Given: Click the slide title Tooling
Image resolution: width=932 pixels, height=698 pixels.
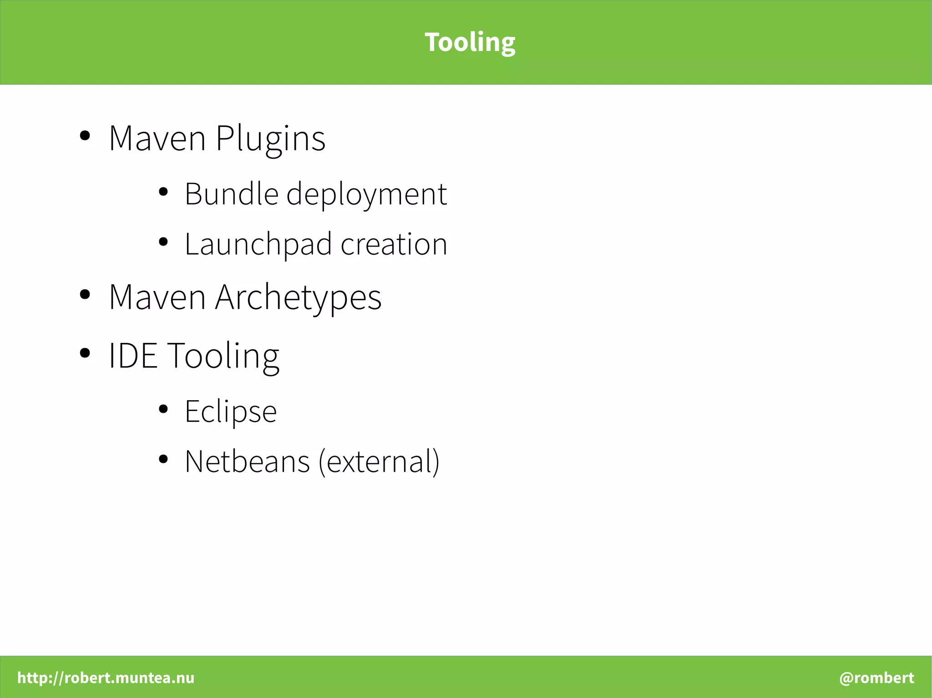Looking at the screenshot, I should (x=470, y=42).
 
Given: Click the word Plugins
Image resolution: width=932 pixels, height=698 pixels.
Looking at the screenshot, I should (x=270, y=139).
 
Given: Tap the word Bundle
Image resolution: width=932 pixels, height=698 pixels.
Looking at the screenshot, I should (x=231, y=194).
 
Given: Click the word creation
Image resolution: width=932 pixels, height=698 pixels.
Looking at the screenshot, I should (x=394, y=244).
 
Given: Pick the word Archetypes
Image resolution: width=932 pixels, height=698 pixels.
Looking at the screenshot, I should (x=298, y=298).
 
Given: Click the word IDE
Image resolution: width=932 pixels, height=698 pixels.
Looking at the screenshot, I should (x=133, y=356).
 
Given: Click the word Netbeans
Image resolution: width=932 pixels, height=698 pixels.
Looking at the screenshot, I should (x=247, y=462).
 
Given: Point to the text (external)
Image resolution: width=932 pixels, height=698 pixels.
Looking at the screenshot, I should (x=379, y=462).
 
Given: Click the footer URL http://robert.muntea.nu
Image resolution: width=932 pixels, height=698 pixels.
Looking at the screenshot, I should (x=106, y=678).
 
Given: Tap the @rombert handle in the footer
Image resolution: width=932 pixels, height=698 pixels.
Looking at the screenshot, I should (x=876, y=678).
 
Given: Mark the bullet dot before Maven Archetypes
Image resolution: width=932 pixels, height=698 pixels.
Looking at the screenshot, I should (x=85, y=294).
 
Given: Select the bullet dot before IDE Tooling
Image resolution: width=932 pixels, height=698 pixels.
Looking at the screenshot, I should (x=85, y=353).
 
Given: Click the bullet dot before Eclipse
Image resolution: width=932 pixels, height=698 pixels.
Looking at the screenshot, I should (x=163, y=409).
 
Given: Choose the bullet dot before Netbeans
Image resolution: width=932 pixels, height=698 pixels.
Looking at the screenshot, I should (x=163, y=459).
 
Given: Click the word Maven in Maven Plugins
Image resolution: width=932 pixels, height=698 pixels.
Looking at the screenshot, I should (x=157, y=139).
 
